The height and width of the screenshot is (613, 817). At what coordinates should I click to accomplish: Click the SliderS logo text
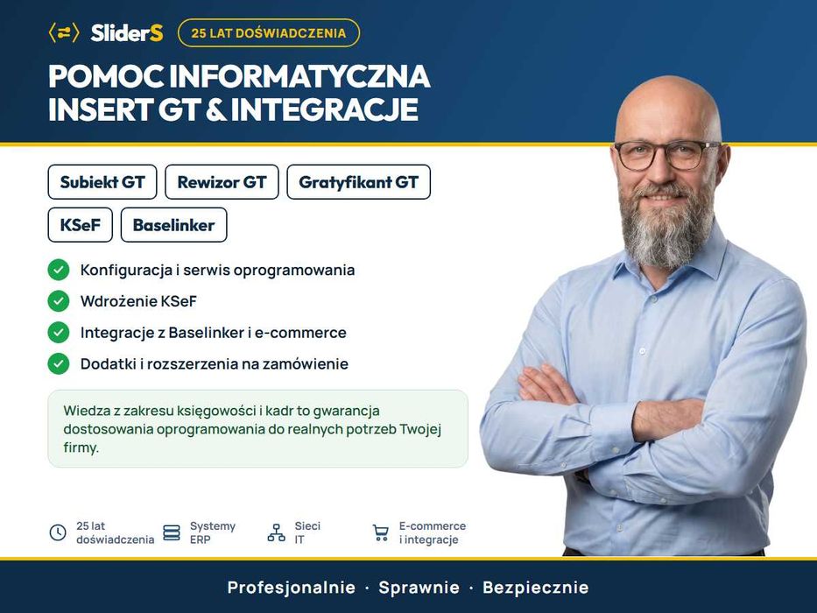coord(127,33)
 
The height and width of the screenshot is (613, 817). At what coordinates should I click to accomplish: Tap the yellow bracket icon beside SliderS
coord(64,33)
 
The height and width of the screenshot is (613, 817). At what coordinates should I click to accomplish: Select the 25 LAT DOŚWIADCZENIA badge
coord(268,33)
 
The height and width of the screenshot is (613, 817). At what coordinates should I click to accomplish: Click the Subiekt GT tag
coord(102,182)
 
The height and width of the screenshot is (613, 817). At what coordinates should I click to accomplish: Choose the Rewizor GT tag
coord(222,182)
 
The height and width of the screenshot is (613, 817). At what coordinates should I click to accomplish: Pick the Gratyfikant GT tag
coord(358,182)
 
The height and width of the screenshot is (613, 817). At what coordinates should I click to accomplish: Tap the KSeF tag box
coord(81,225)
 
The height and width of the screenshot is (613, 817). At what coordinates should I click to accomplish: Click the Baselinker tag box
coord(173,225)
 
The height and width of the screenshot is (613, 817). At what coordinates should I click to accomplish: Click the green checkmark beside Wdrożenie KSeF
coord(59,301)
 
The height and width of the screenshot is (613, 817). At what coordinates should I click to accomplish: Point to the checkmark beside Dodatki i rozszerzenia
coord(59,363)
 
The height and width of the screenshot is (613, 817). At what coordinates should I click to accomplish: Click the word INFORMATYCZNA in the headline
coord(299,76)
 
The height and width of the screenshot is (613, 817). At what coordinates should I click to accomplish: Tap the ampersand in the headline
coord(215,109)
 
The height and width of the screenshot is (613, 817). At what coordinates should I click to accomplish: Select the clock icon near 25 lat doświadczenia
coord(58,532)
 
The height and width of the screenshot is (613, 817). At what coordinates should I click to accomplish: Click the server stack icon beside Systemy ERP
coord(172,532)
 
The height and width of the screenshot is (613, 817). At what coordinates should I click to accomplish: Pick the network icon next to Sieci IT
coord(276,532)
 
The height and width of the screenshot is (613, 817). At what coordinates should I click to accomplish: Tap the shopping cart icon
coord(381,532)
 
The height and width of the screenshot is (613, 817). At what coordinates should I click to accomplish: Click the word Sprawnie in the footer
coord(419,588)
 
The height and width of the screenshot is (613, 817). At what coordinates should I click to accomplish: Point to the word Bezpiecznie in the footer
coord(536,588)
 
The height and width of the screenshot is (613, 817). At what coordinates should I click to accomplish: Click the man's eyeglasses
coord(667,155)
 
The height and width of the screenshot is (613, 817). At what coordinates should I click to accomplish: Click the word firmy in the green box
coord(81,447)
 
